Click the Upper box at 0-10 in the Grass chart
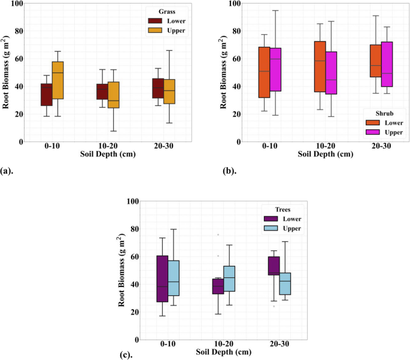(x=57, y=80)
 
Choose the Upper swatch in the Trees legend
(x=271, y=228)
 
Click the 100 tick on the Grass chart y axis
(x=16, y=4)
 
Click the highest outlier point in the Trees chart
(x=218, y=235)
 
